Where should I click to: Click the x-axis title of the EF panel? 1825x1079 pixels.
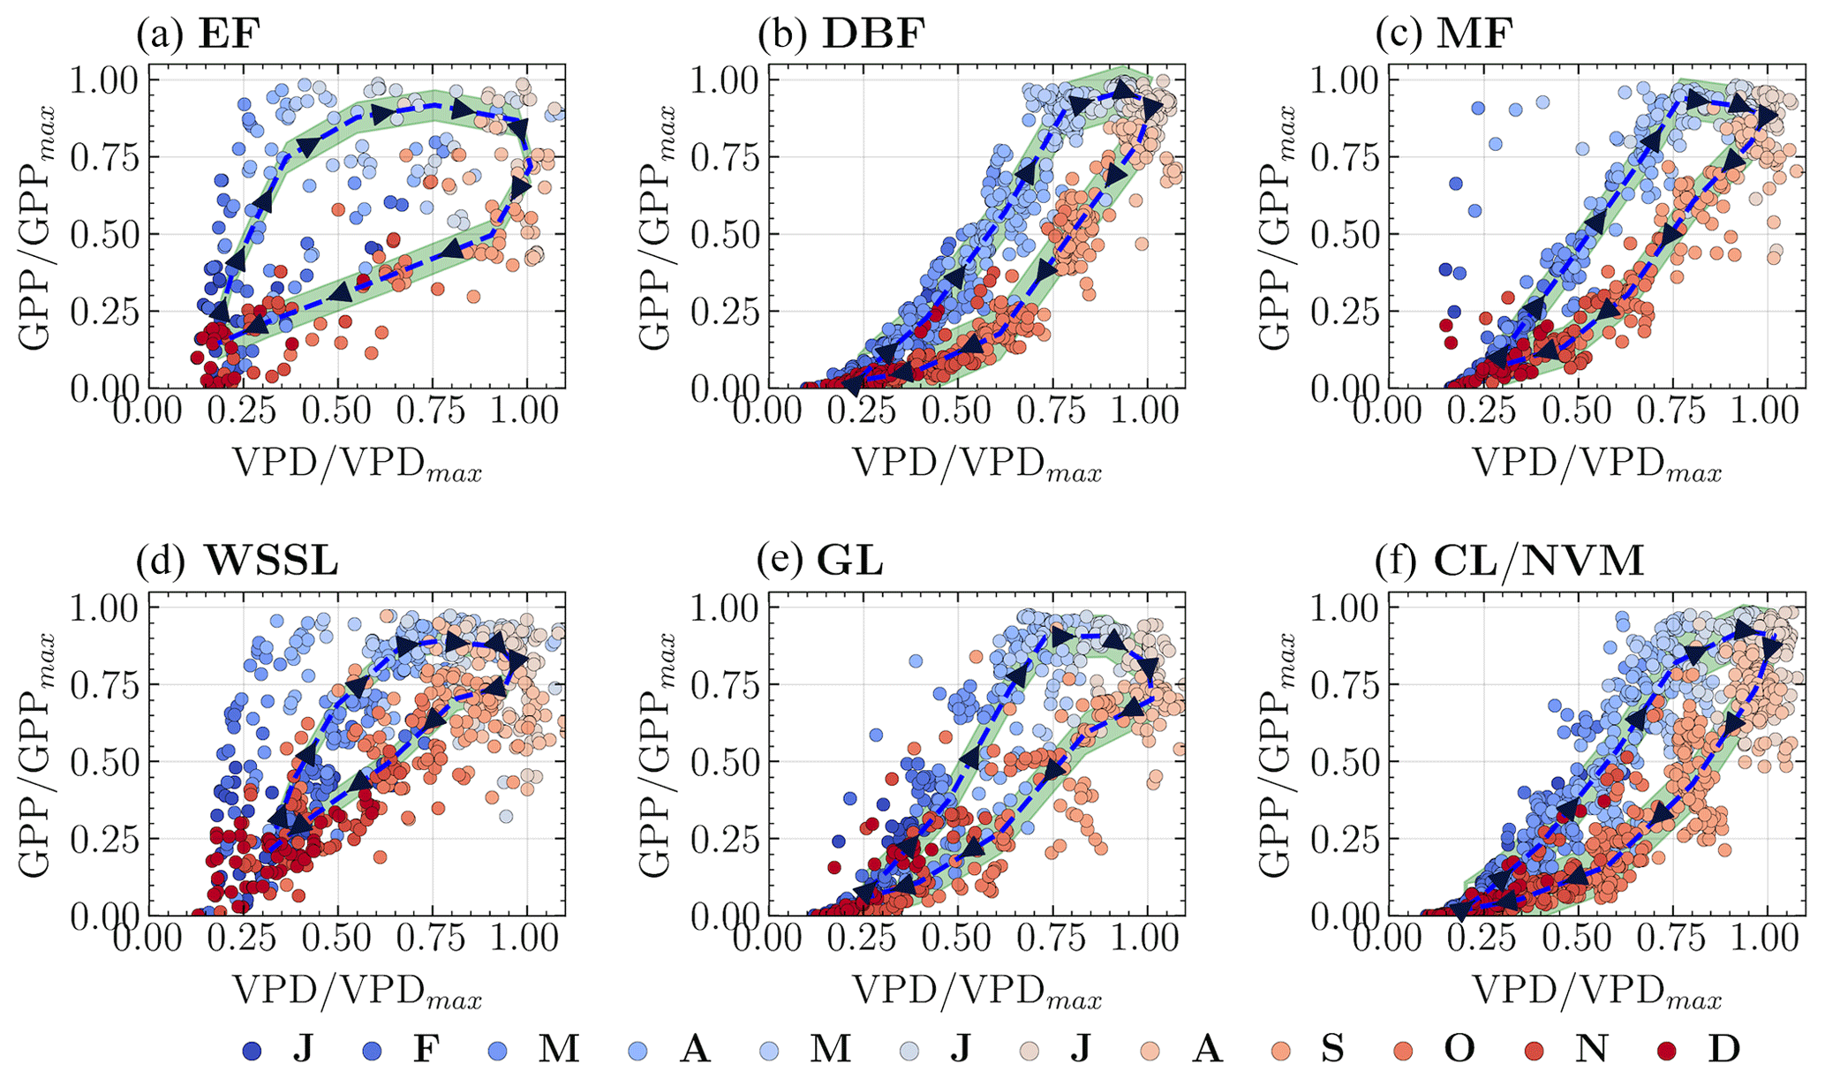tap(357, 464)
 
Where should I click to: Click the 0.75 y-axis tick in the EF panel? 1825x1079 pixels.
tap(104, 158)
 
